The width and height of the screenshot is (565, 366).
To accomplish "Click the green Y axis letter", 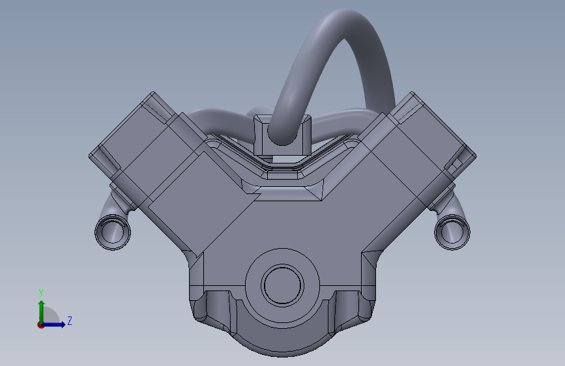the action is click(41, 293).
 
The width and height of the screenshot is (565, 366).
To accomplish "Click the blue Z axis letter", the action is click(70, 320).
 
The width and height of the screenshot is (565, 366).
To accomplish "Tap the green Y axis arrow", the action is click(42, 312).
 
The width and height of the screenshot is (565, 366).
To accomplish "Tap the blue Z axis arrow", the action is click(53, 324).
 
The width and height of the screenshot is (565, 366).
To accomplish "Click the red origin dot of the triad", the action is click(40, 325).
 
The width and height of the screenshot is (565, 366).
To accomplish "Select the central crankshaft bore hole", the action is click(283, 285).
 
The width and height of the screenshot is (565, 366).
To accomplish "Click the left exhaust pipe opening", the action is click(113, 232).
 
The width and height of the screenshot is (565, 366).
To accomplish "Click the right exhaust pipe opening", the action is click(452, 232).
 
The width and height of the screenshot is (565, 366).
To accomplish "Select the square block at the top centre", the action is click(282, 135).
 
